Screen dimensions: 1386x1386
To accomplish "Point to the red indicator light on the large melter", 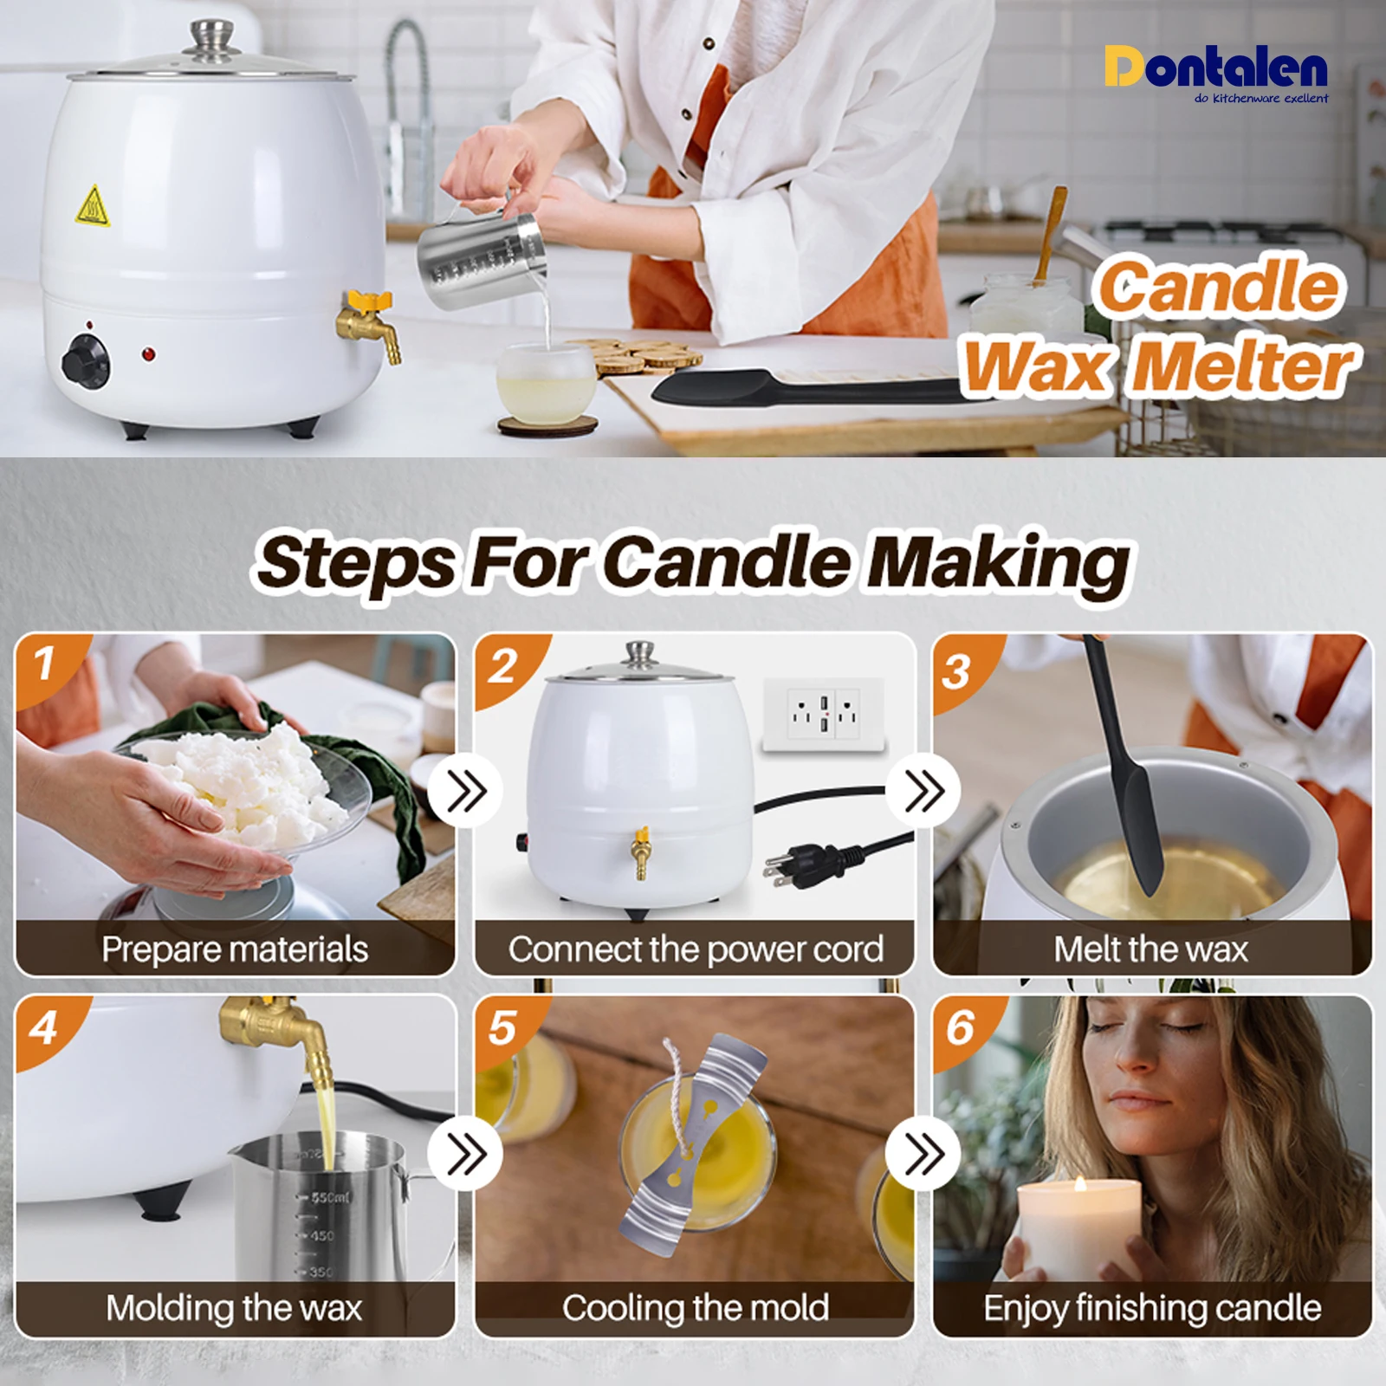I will [149, 354].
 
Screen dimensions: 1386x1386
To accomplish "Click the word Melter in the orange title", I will [1244, 367].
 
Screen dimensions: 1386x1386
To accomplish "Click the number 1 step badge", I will [45, 664].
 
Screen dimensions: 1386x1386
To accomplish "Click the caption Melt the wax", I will [1150, 949].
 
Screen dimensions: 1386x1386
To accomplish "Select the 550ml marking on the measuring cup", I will [327, 1197].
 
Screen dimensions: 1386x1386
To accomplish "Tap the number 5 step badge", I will [502, 1027].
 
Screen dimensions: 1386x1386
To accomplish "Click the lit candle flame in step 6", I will [1080, 1183].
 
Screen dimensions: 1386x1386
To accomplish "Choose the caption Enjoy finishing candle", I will [1152, 1308].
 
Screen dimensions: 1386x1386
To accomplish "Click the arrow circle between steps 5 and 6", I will [924, 1153].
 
